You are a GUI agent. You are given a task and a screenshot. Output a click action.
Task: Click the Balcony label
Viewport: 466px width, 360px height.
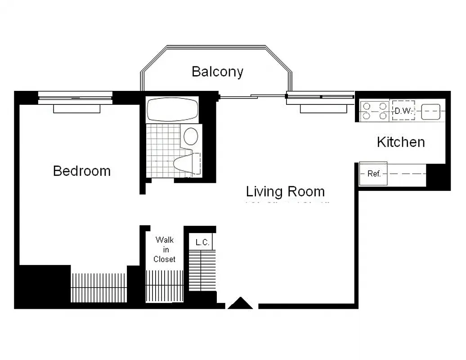(x=217, y=72)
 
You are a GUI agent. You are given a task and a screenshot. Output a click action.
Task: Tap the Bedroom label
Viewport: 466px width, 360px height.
(x=81, y=171)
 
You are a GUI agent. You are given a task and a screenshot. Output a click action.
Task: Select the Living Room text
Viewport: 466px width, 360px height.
(x=285, y=191)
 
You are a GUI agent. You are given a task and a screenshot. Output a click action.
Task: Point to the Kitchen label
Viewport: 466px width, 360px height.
(x=400, y=142)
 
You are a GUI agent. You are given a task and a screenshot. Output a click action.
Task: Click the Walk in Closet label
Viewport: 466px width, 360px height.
(x=164, y=249)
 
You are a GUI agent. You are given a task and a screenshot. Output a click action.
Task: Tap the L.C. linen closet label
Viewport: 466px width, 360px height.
(x=202, y=243)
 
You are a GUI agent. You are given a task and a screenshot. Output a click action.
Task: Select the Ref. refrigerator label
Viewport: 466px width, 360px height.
(x=374, y=174)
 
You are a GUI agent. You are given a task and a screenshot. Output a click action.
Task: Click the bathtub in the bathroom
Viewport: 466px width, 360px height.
(x=173, y=109)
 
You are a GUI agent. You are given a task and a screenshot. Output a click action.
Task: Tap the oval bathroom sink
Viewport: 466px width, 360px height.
(x=191, y=136)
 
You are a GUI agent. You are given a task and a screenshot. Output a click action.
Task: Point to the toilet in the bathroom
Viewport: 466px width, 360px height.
(x=187, y=164)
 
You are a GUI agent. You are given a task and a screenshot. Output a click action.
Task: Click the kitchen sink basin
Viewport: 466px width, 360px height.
(x=430, y=112)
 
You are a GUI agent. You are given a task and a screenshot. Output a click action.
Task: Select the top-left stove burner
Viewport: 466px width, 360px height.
(x=367, y=107)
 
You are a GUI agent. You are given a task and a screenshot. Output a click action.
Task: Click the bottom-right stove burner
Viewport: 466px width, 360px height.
(x=382, y=116)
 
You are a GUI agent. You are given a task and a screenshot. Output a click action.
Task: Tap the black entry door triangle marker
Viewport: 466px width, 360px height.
(x=240, y=304)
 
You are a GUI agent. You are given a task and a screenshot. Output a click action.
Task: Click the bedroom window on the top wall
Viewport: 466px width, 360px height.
(x=75, y=97)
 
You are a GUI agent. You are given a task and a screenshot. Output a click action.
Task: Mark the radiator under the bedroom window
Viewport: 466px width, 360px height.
(x=76, y=108)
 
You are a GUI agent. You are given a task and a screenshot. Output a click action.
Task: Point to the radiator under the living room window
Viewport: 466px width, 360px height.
(x=323, y=109)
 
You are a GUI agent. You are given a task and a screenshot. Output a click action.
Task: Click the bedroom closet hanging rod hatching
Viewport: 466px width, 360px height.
(x=99, y=288)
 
